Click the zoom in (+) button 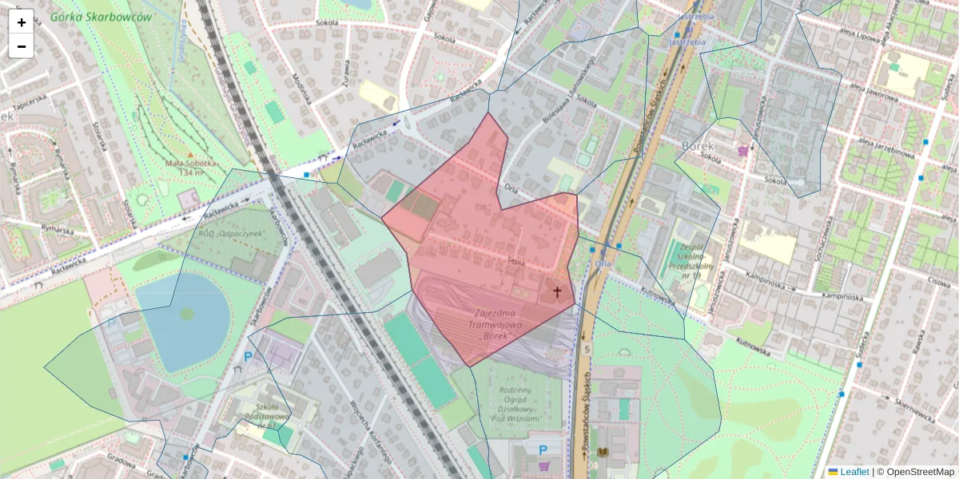(22, 22)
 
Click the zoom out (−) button (22, 46)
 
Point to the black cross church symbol (557, 292)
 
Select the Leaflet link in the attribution (854, 472)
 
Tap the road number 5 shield (587, 349)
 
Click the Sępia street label (515, 260)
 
